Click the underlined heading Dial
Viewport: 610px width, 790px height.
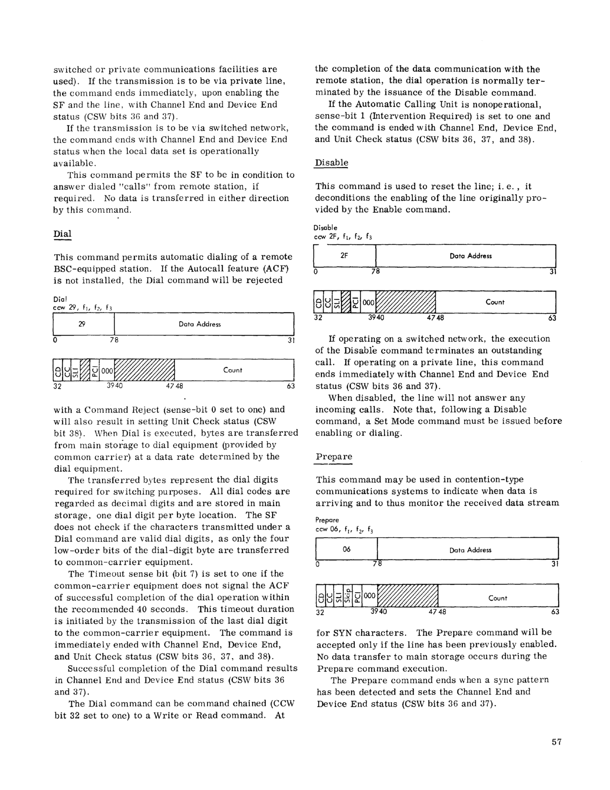click(62, 234)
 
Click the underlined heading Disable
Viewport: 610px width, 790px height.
click(331, 163)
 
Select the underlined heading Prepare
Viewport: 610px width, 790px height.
click(334, 456)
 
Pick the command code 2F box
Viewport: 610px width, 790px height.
click(344, 256)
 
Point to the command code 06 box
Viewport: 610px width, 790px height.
click(346, 549)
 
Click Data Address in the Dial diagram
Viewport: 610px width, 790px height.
click(200, 324)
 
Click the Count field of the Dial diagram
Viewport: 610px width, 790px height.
click(233, 370)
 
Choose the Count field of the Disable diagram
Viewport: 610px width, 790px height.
click(495, 302)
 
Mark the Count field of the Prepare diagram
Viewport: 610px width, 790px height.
click(498, 598)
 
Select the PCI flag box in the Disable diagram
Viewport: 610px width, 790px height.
click(356, 302)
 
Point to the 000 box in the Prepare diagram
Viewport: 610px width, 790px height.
click(370, 595)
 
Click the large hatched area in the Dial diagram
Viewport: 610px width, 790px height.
click(145, 370)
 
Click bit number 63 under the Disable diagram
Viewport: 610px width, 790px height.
click(552, 318)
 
